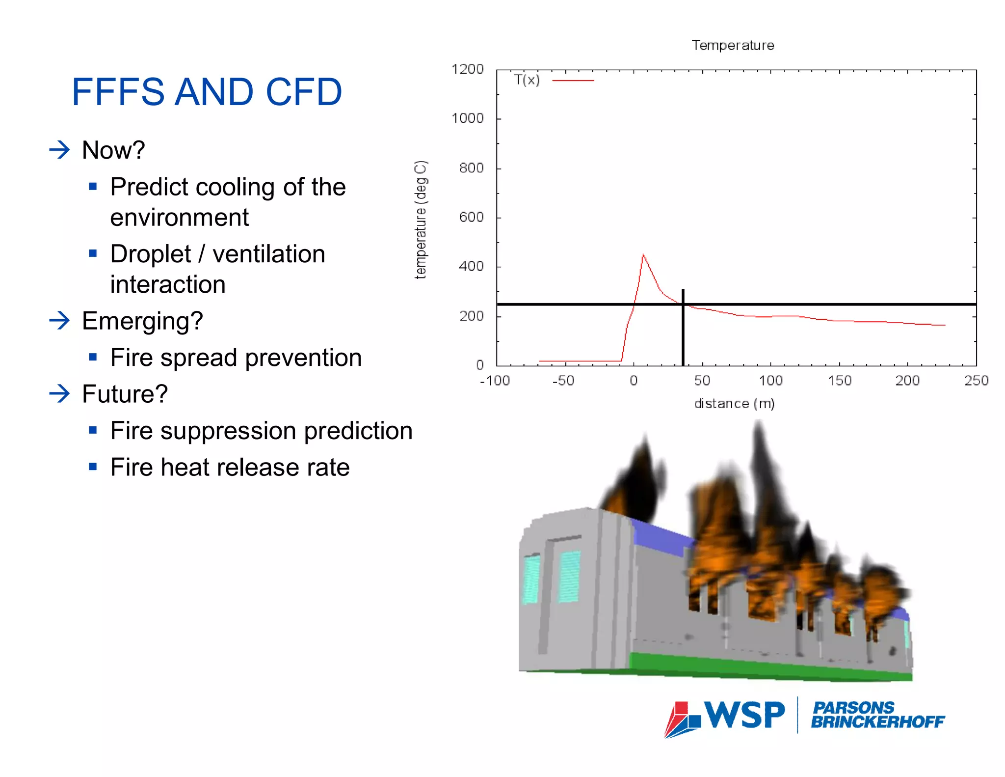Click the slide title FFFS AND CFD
pos(206,92)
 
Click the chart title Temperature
pos(733,45)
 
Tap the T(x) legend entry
pos(527,80)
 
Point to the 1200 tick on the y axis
pos(468,69)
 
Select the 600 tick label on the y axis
pos(471,217)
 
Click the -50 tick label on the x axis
pos(563,381)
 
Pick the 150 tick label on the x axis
pos(839,381)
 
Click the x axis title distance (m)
pos(734,404)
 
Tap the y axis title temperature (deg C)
pos(421,220)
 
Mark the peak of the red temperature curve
pos(643,254)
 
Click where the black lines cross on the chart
pos(683,305)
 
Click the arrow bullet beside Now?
pos(60,150)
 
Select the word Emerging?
pos(142,321)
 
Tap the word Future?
pos(125,394)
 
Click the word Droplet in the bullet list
pos(150,254)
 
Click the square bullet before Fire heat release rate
pos(93,467)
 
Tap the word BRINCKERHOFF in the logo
pos(877,722)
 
